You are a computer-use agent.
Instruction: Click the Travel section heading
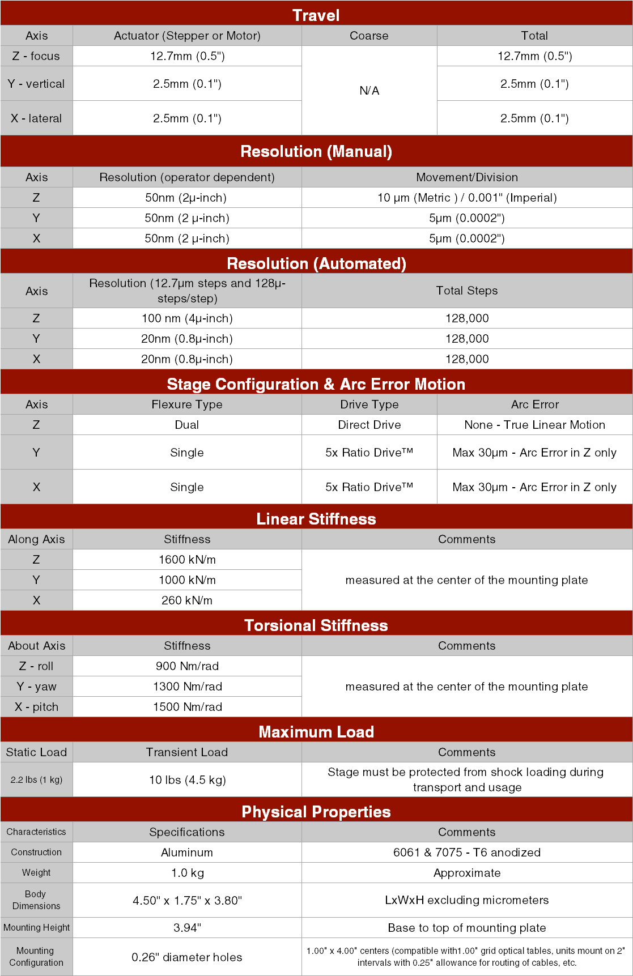pyautogui.click(x=316, y=15)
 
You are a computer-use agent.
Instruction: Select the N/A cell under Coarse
pyautogui.click(x=369, y=90)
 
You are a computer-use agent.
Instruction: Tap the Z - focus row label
pyautogui.click(x=36, y=56)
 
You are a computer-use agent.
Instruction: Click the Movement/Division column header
pyautogui.click(x=466, y=177)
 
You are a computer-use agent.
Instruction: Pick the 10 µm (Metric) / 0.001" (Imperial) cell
pyautogui.click(x=466, y=198)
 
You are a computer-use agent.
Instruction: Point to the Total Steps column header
pyautogui.click(x=466, y=291)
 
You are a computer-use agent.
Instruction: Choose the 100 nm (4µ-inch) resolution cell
pyautogui.click(x=187, y=318)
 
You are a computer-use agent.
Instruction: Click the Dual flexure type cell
pyautogui.click(x=187, y=425)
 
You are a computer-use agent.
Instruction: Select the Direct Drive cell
pyautogui.click(x=369, y=425)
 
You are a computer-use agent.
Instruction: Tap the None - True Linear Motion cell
pyautogui.click(x=534, y=425)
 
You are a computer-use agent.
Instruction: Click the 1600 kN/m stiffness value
pyautogui.click(x=187, y=560)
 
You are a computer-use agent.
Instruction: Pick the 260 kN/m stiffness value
pyautogui.click(x=187, y=600)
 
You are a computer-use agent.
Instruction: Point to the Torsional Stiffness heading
pyautogui.click(x=316, y=625)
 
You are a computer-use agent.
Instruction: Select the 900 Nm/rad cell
pyautogui.click(x=187, y=666)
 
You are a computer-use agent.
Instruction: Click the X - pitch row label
pyautogui.click(x=36, y=707)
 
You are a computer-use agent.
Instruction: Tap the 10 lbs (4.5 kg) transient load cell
pyautogui.click(x=187, y=780)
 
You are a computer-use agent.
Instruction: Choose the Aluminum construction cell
pyautogui.click(x=187, y=853)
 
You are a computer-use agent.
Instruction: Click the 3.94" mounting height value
pyautogui.click(x=187, y=928)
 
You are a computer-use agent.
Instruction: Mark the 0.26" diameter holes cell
pyautogui.click(x=187, y=957)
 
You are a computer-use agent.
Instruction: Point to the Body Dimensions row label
pyautogui.click(x=36, y=900)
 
